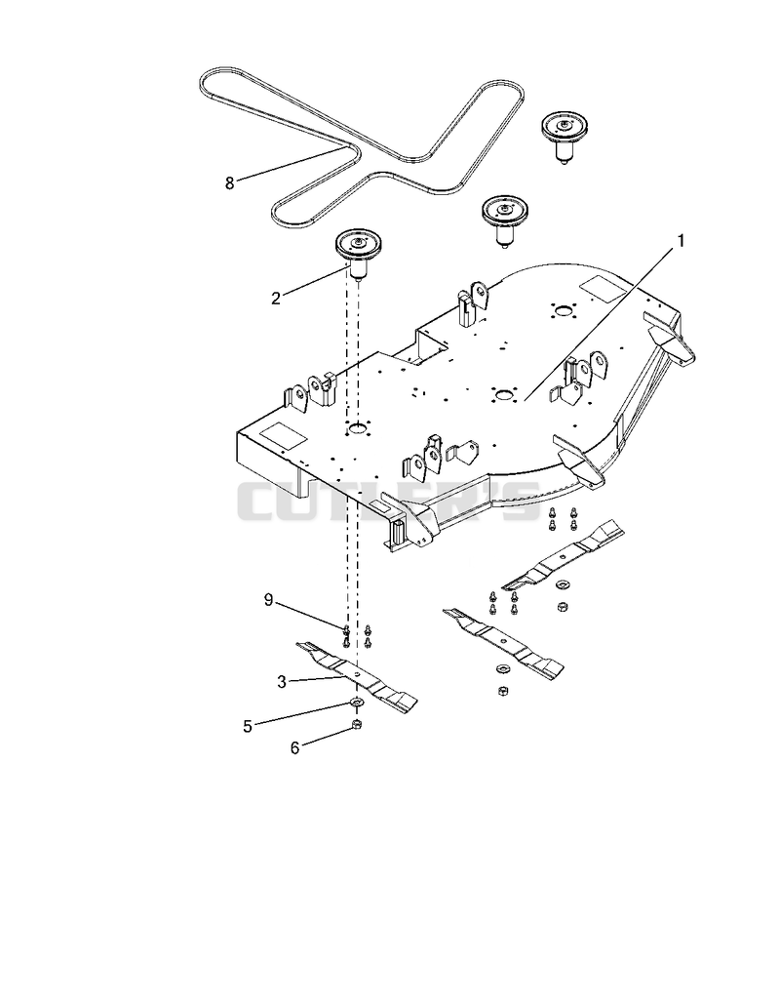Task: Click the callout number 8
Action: [229, 183]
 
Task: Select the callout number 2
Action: [275, 299]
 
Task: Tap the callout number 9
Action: [269, 601]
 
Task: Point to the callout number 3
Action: [282, 683]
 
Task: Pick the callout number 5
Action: [248, 727]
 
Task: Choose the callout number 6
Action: [294, 748]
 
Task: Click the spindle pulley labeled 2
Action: [359, 253]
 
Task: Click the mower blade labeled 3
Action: [357, 675]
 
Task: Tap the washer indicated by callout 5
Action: [357, 703]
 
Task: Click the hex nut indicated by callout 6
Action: [358, 724]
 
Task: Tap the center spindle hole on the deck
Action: [503, 393]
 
